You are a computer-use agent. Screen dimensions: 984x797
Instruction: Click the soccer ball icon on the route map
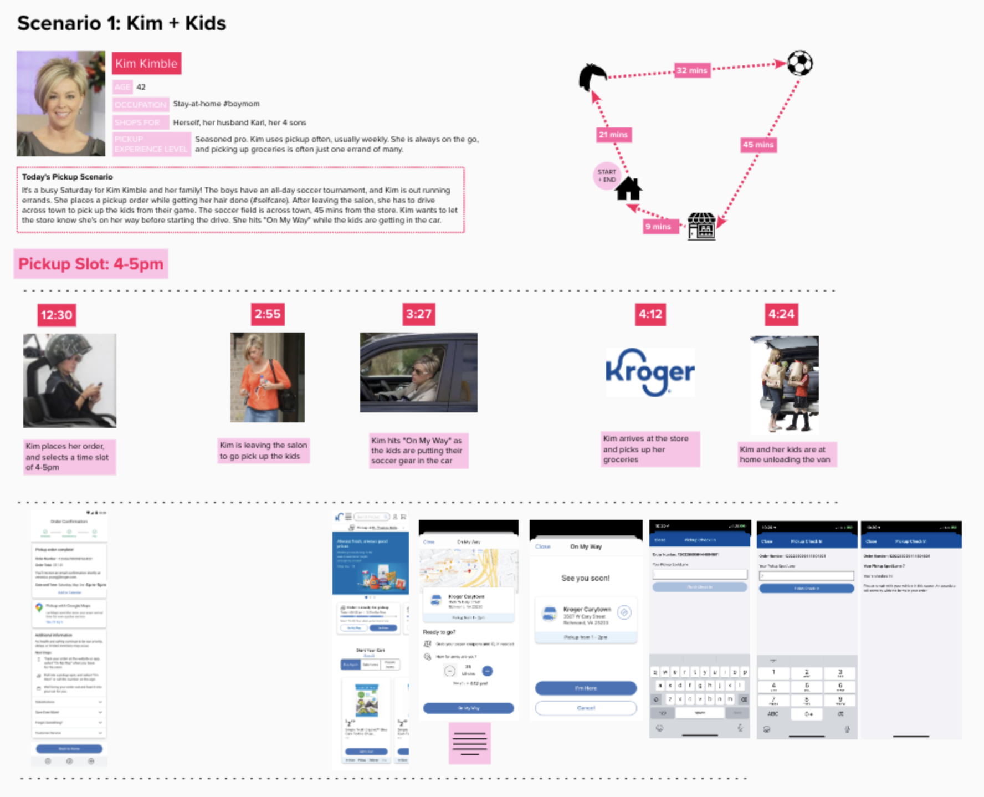pos(799,63)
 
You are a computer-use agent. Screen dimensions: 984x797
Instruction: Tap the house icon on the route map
pos(629,189)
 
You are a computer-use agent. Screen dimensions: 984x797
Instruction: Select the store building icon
pos(701,226)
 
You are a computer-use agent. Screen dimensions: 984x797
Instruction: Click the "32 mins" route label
pos(691,70)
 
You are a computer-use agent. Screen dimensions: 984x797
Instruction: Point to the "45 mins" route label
pos(758,145)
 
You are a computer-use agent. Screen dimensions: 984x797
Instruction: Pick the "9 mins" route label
pos(658,227)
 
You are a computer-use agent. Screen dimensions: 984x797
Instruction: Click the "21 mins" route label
pos(613,135)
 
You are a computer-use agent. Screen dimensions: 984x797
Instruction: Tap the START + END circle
pos(607,176)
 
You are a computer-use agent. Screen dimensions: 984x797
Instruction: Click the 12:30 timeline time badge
pos(57,315)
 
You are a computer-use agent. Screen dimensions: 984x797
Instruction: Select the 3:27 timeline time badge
pos(418,314)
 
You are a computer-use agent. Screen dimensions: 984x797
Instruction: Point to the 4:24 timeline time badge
pos(781,314)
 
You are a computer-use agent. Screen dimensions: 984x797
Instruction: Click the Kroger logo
pos(649,372)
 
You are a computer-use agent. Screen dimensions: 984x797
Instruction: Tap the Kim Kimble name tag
pos(146,64)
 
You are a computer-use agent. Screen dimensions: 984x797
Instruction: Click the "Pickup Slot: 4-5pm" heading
pos(91,264)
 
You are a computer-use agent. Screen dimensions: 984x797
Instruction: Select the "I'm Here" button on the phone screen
pos(586,688)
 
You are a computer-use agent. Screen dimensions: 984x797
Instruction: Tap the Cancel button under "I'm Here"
pos(586,708)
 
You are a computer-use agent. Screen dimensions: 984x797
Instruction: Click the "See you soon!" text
pos(586,578)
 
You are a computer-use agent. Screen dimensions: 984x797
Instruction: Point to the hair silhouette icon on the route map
pos(592,76)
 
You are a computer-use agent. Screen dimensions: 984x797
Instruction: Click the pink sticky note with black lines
pos(469,743)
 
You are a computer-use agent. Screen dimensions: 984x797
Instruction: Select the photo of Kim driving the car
pos(418,372)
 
